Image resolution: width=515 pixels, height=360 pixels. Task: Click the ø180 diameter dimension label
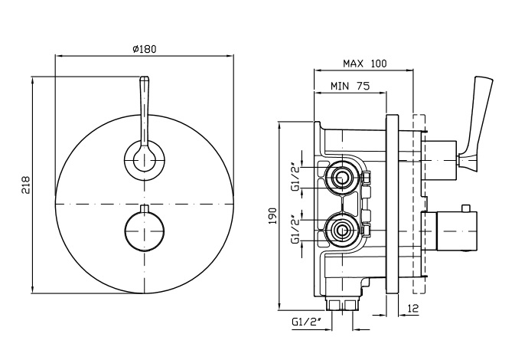pos(144,48)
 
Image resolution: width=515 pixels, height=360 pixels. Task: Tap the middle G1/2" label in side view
pos(295,229)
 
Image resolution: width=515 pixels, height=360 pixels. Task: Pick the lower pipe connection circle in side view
pos(341,228)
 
